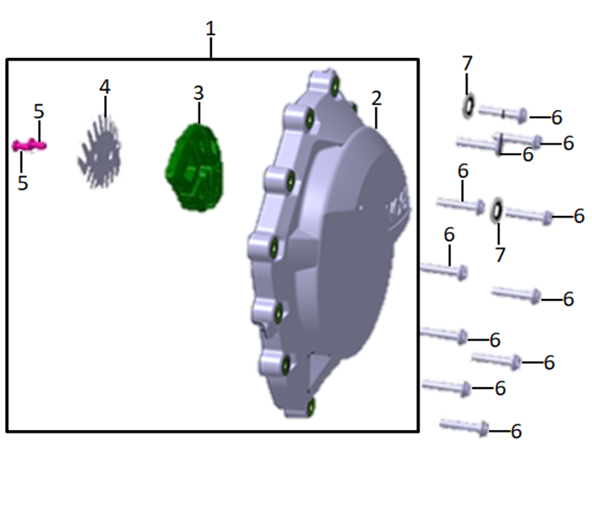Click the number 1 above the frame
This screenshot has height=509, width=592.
(x=211, y=29)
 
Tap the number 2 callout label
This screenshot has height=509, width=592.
(x=377, y=98)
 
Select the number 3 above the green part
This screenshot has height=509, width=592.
(x=198, y=93)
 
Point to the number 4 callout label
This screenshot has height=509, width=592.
(x=104, y=87)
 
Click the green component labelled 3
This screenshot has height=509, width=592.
(x=195, y=167)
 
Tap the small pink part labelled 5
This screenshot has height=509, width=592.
(x=29, y=145)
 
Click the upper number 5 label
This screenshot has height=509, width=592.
(x=39, y=111)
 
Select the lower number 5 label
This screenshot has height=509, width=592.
(x=23, y=182)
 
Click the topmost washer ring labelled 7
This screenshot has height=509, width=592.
(x=468, y=107)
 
